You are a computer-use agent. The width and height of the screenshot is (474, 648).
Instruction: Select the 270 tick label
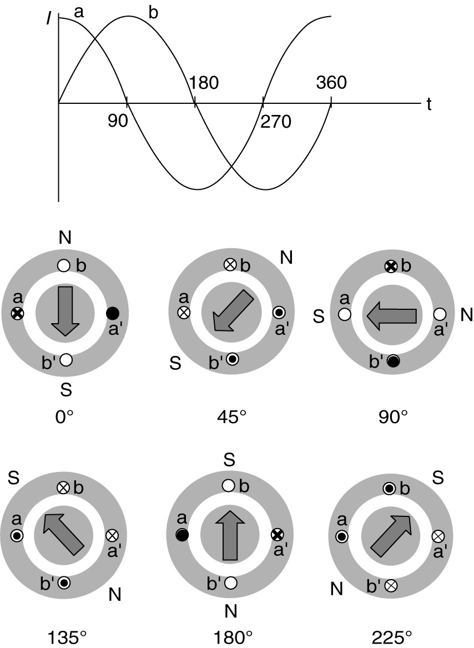[276, 120]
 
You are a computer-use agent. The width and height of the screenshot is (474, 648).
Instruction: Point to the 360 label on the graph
[331, 83]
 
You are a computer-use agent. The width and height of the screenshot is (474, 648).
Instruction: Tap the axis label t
[429, 103]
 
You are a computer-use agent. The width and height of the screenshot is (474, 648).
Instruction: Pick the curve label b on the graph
[154, 13]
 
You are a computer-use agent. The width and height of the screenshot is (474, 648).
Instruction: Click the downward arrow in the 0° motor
[65, 311]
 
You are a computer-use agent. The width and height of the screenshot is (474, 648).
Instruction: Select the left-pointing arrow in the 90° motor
[391, 315]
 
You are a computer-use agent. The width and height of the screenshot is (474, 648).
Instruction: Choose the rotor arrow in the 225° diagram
[391, 535]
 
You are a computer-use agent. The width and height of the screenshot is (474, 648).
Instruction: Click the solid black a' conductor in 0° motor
[113, 313]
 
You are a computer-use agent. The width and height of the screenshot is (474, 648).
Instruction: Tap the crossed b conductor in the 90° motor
[391, 267]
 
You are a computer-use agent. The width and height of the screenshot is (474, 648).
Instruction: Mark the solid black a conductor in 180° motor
[180, 535]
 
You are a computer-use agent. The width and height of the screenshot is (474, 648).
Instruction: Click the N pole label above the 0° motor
[65, 238]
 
